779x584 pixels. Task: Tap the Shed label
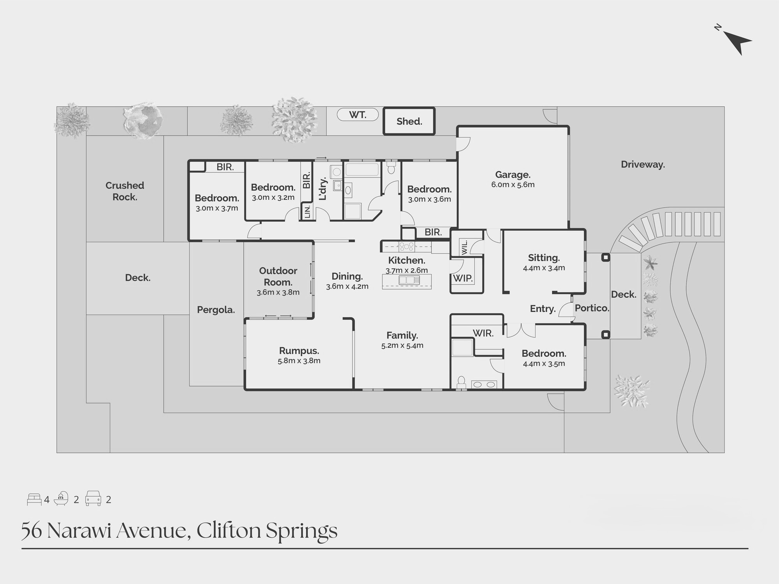click(409, 121)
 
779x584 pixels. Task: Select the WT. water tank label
click(357, 115)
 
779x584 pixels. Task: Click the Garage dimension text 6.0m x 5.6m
click(513, 185)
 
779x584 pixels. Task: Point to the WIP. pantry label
click(463, 278)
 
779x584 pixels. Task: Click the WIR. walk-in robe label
click(483, 333)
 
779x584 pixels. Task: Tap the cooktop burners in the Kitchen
click(406, 246)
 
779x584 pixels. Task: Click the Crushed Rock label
click(125, 191)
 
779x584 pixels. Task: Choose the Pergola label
click(216, 310)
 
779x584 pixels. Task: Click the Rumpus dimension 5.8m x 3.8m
click(299, 361)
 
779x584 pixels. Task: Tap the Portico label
click(592, 308)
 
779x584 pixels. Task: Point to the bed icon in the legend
click(34, 500)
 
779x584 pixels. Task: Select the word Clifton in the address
click(229, 531)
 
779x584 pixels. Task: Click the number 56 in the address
click(31, 531)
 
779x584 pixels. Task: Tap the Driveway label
click(643, 164)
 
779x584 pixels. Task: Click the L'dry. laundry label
click(323, 189)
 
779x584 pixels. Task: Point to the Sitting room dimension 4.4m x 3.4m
click(544, 268)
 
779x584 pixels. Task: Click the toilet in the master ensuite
click(461, 382)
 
